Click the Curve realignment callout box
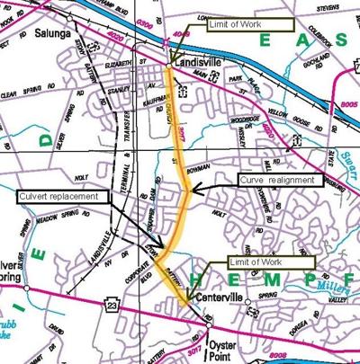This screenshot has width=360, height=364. [x=277, y=180]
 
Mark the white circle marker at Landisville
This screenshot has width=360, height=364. [x=168, y=66]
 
